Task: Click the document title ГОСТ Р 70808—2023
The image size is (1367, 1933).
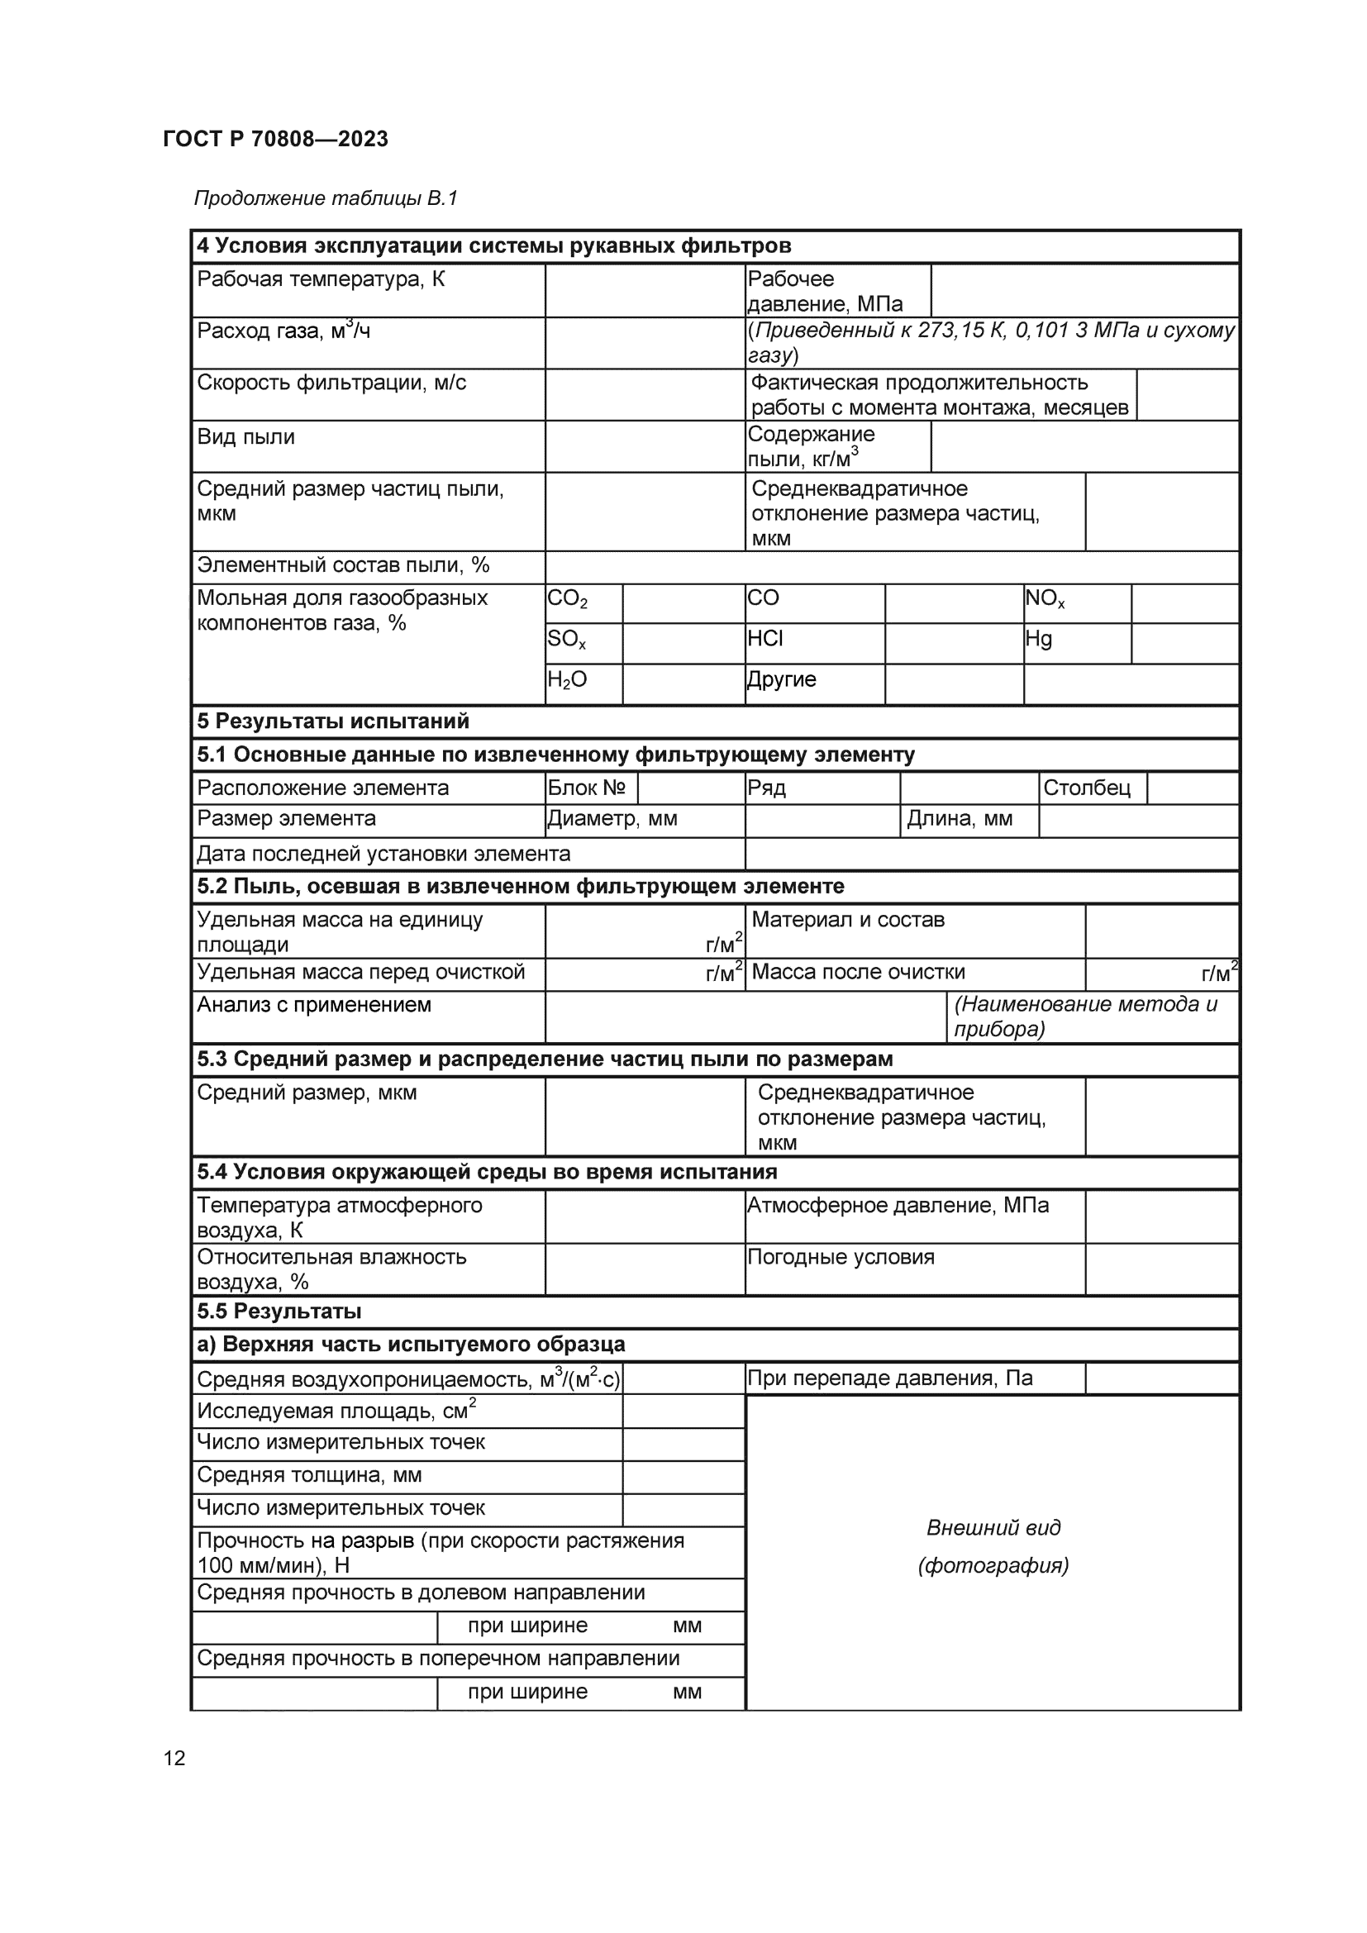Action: (275, 139)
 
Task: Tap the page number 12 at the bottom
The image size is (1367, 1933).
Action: (174, 1758)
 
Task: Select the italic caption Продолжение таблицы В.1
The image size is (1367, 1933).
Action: (325, 198)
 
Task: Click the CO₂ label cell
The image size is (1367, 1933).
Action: (568, 599)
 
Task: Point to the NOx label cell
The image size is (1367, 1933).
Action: (1045, 599)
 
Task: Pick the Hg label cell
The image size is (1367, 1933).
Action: (1039, 639)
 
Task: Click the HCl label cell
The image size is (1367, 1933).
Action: (765, 639)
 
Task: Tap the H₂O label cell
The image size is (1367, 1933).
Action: (567, 680)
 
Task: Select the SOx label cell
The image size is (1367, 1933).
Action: (566, 640)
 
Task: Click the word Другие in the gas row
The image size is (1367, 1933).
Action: (782, 679)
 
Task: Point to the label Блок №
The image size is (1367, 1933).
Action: (587, 788)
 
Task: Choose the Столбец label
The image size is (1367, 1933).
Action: (1087, 788)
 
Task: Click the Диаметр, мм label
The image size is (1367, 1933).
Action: (612, 818)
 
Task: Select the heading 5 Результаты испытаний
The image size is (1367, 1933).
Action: (333, 721)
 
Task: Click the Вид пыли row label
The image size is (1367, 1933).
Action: (245, 437)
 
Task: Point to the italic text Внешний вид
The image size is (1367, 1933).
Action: (993, 1528)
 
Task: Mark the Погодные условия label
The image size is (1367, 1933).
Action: (841, 1257)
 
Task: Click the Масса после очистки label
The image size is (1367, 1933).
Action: (858, 973)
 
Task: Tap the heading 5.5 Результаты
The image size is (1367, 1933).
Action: (279, 1312)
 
